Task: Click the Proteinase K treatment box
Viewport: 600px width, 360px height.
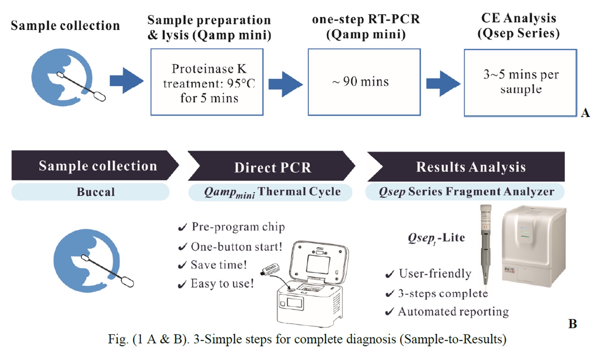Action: [x=207, y=82]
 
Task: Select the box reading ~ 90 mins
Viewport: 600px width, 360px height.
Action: [x=364, y=82]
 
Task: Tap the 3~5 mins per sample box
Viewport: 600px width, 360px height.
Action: [x=520, y=83]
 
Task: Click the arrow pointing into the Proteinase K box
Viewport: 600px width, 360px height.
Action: [x=127, y=81]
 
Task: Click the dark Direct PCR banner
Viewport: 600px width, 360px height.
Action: [x=272, y=167]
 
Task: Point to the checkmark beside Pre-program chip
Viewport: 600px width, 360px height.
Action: [x=183, y=228]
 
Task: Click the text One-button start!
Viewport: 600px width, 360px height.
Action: [x=236, y=247]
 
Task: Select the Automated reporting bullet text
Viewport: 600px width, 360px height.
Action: [x=453, y=312]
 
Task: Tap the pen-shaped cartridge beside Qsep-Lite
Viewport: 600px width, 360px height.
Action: [x=486, y=244]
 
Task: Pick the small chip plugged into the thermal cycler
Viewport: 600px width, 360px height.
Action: [x=270, y=270]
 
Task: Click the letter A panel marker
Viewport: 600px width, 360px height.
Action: [x=585, y=113]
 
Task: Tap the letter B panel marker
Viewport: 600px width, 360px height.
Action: [x=573, y=324]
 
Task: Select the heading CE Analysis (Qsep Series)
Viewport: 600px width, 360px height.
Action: [x=518, y=26]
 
